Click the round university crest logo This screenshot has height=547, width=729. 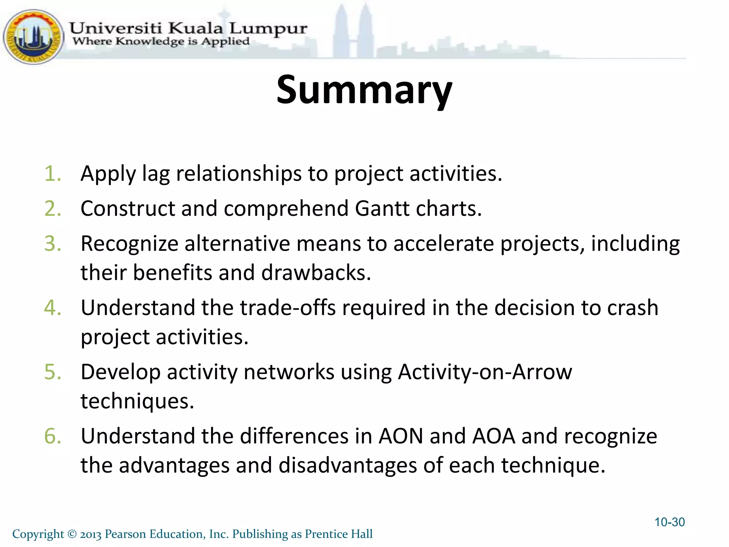(33, 37)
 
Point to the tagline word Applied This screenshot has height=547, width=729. (225, 42)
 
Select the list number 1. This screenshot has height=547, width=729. (53, 174)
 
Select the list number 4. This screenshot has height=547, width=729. (53, 308)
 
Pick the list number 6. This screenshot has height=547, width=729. (53, 436)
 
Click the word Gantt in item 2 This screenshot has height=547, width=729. (382, 209)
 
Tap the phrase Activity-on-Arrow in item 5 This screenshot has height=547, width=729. (485, 372)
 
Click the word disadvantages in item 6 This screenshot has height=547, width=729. (347, 465)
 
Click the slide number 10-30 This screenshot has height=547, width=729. (670, 522)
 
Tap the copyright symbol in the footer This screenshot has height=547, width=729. (72, 534)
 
